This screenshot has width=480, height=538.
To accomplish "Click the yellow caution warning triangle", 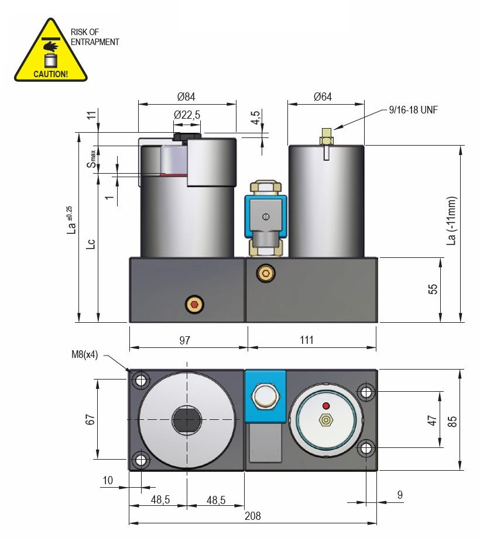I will pyautogui.click(x=50, y=53).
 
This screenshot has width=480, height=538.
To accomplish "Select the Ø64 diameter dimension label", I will pyautogui.click(x=323, y=97).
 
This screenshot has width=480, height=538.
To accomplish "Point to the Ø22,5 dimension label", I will pyautogui.click(x=187, y=115).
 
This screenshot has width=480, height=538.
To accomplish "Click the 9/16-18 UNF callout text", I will pyautogui.click(x=413, y=109).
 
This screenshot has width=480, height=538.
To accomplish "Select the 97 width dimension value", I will pyautogui.click(x=184, y=340).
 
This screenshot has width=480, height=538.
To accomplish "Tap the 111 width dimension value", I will pyautogui.click(x=307, y=340).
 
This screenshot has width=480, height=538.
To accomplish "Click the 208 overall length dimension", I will pyautogui.click(x=253, y=516).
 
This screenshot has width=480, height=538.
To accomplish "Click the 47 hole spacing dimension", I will pyautogui.click(x=432, y=420).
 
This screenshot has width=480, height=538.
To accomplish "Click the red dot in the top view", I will pyautogui.click(x=327, y=406).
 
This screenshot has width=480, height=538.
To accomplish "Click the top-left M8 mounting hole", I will pyautogui.click(x=140, y=381).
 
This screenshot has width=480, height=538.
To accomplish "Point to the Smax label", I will pyautogui.click(x=92, y=159).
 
